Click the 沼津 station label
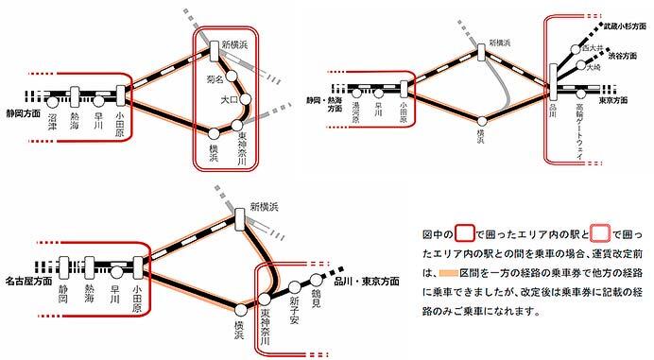coord(51,121)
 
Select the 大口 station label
coord(227,99)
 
